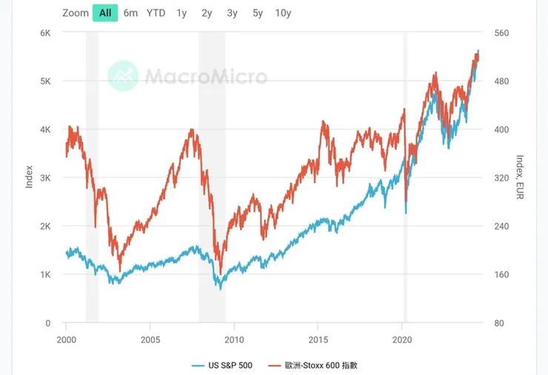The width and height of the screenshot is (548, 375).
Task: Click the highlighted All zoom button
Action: click(105, 13)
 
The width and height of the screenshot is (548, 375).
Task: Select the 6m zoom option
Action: click(130, 13)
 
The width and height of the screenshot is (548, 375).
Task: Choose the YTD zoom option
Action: click(156, 13)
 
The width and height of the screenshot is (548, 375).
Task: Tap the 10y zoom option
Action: click(282, 13)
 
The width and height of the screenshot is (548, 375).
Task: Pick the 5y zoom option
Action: click(257, 13)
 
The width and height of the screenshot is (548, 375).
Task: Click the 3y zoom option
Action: click(233, 13)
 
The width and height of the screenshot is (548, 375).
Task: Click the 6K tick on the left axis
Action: click(44, 33)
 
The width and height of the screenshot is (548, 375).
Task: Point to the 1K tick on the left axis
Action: click(44, 275)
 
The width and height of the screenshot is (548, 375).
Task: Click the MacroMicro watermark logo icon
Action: click(122, 75)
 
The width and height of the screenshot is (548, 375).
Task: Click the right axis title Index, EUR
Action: click(520, 178)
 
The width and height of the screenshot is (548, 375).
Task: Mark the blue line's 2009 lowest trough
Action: click(220, 288)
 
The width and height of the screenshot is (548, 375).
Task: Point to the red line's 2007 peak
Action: click(192, 130)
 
